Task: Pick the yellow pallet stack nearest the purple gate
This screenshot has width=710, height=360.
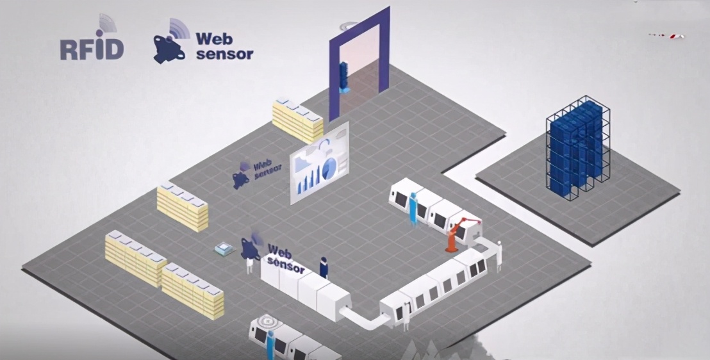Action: point(297,120)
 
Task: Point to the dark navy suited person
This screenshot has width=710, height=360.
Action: point(324,267)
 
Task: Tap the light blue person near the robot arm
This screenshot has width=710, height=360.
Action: point(413,208)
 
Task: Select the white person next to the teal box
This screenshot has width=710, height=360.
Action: point(249,263)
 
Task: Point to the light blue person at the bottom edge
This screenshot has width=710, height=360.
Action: point(270,343)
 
